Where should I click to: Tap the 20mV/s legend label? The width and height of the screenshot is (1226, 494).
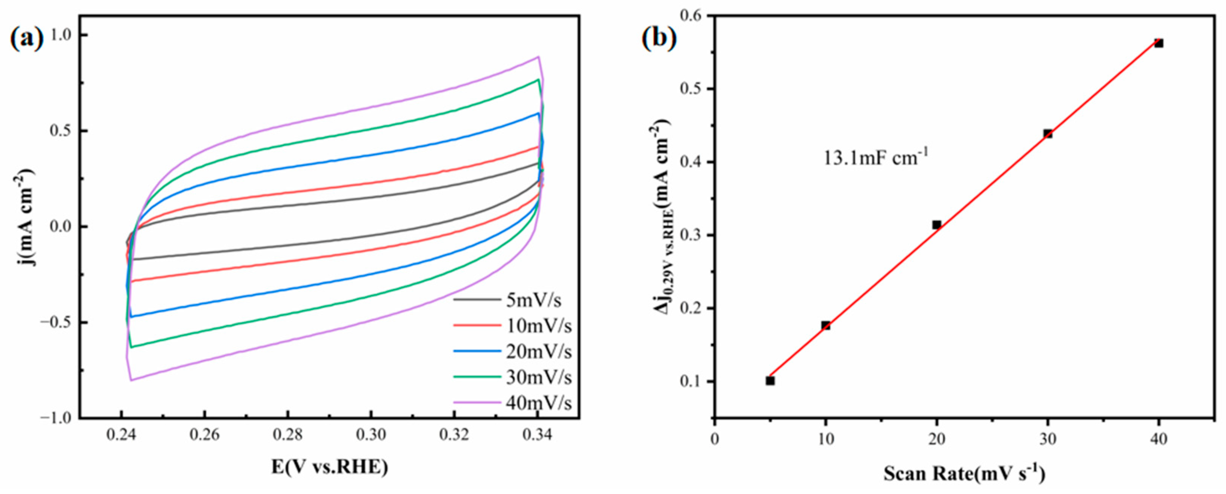pos(538,352)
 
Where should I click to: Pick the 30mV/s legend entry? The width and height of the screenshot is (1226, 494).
pos(538,377)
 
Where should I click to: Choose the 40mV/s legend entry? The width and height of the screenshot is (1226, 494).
pos(538,403)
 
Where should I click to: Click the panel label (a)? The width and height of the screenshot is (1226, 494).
pos(27,38)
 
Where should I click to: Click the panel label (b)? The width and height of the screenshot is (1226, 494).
pos(659,38)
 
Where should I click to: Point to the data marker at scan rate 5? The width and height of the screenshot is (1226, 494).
pos(770,381)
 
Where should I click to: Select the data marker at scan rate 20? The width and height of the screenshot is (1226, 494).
pos(937,225)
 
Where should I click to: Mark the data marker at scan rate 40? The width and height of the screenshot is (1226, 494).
pos(1159,43)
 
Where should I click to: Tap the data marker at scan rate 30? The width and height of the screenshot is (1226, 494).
pos(1048,134)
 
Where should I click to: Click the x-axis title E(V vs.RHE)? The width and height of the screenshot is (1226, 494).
pos(330,467)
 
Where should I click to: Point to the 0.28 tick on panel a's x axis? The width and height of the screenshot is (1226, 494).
pos(287,435)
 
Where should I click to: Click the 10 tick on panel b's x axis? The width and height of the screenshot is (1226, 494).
pos(826,439)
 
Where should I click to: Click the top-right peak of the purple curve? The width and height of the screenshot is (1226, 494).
pos(538,57)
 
